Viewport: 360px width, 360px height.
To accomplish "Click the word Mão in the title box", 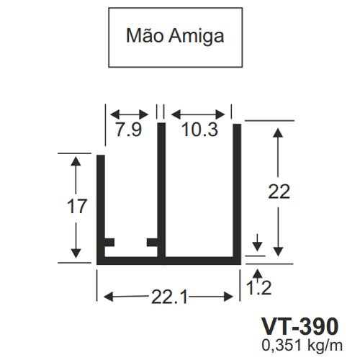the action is point(145,35).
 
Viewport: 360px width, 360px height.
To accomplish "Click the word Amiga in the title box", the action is point(197,37).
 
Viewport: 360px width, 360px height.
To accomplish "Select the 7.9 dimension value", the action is point(129,130).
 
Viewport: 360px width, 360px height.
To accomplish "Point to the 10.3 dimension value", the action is point(199,130).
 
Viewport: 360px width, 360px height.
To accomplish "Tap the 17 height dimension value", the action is point(77,206).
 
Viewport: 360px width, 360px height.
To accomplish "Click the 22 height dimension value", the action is point(279,192).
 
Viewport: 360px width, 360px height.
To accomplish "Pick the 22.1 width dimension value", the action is point(169,297).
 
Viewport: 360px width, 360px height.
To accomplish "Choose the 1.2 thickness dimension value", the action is point(258,288).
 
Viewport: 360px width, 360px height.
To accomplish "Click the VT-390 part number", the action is point(300,326).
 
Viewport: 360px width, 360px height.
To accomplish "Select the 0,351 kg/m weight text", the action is point(302,346).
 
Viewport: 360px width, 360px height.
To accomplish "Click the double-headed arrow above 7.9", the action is point(129,114).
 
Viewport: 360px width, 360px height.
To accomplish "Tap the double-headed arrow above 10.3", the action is point(198,114).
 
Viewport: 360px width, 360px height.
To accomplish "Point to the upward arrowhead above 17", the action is point(76,161).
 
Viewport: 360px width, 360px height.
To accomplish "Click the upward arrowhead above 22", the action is point(278,132).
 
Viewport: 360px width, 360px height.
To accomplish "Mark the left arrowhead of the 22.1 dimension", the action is point(108,297).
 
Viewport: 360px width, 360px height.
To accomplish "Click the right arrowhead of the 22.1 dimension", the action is point(228,297).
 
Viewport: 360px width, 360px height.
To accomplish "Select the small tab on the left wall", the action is point(109,243).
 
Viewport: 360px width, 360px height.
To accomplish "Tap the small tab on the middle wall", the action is point(152,243).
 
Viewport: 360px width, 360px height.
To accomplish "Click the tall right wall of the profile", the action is point(237,194).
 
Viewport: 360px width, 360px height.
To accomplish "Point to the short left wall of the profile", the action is point(101,210).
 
